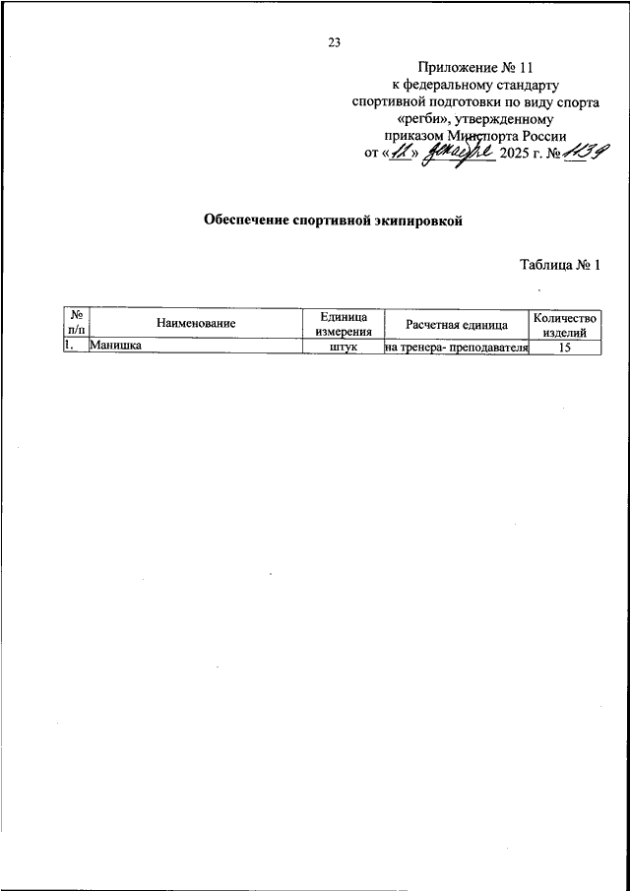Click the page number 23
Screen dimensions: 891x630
334,41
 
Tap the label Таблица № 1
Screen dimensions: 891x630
559,265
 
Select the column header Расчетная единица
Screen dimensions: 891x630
457,323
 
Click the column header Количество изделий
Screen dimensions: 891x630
564,323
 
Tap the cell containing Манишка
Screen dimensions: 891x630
114,347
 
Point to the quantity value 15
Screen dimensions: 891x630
564,347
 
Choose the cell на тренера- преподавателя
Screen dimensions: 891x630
457,347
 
